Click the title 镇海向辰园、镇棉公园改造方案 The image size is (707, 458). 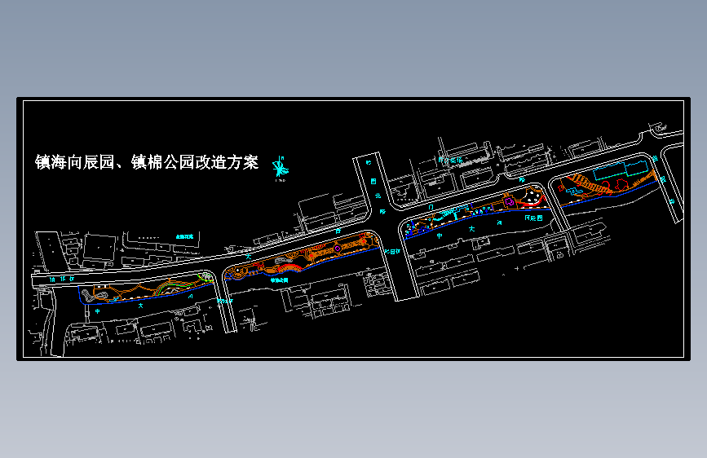pos(146,163)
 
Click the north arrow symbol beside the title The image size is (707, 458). pos(280,167)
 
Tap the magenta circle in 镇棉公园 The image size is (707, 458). pos(338,249)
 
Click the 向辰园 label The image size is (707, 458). pos(533,218)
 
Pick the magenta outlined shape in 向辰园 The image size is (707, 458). pos(508,200)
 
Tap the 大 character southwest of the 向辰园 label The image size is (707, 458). pos(472,231)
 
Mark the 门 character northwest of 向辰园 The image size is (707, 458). pos(430,208)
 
